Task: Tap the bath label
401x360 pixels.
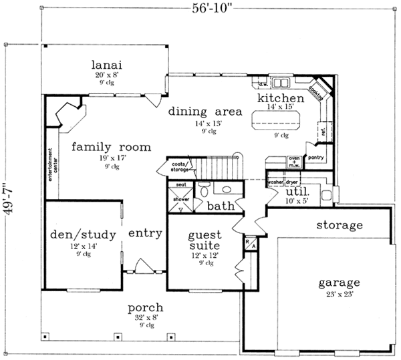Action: click(219, 206)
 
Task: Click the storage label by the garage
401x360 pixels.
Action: click(340, 225)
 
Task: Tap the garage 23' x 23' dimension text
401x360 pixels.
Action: click(340, 293)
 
